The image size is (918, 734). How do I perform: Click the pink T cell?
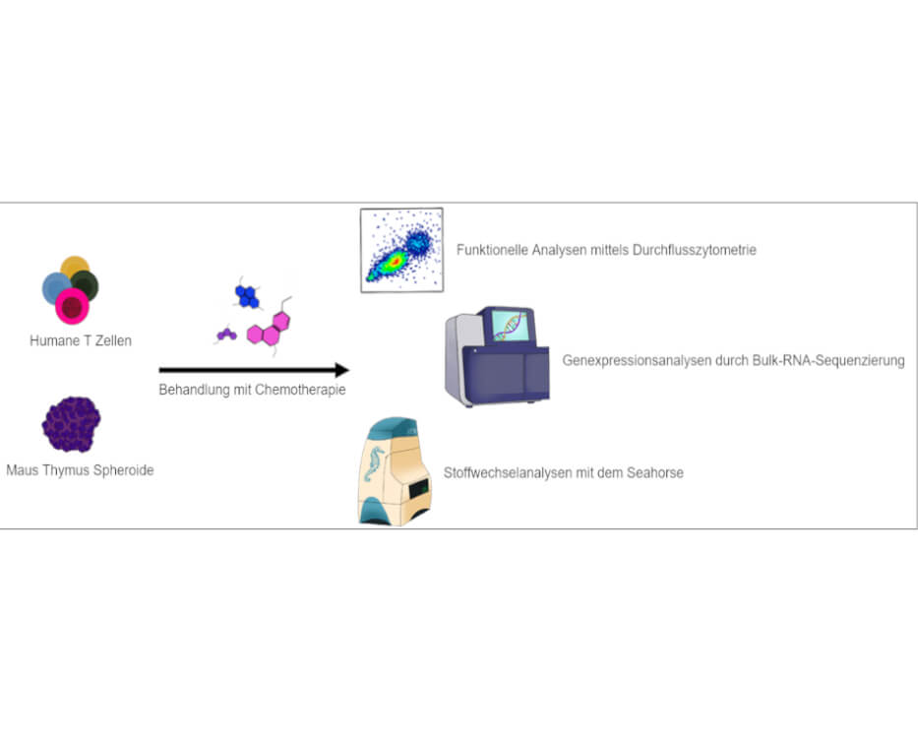click(72, 307)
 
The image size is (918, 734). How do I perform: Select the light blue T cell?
click(55, 287)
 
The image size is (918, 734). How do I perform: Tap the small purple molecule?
click(226, 335)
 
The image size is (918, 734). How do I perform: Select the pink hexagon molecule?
click(269, 330)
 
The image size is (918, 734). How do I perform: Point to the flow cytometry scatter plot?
click(401, 250)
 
